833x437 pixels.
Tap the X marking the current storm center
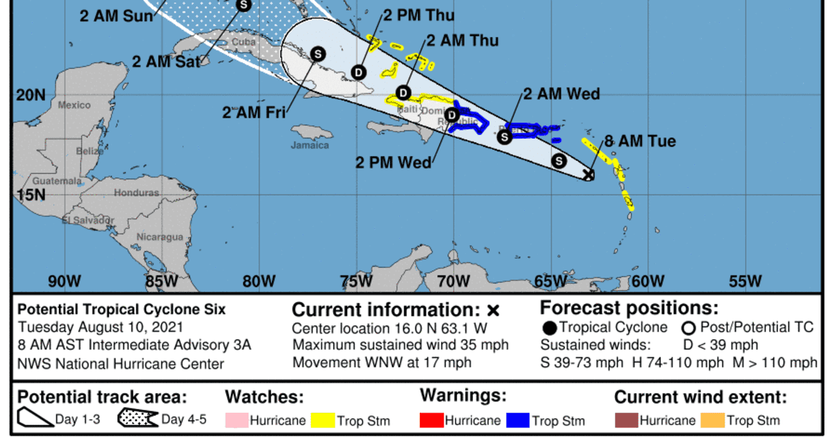pos(589,175)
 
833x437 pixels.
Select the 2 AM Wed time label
pos(561,94)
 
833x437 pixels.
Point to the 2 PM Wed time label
pos(393,162)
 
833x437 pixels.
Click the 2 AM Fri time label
pos(255,113)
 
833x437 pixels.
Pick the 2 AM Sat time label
pos(167,61)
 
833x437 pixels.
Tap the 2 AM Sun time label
pos(116,15)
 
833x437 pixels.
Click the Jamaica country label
pos(310,145)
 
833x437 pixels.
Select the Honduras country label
pos(137,193)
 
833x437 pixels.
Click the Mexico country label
pos(74,105)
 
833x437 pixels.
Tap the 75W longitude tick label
pos(355,281)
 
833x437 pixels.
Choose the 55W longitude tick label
pos(746,281)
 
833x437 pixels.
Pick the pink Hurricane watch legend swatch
pos(235,420)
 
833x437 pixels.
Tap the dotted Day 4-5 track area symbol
pos(139,419)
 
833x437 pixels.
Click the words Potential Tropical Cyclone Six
pos(121,309)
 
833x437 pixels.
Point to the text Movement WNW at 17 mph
pos(382,362)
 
